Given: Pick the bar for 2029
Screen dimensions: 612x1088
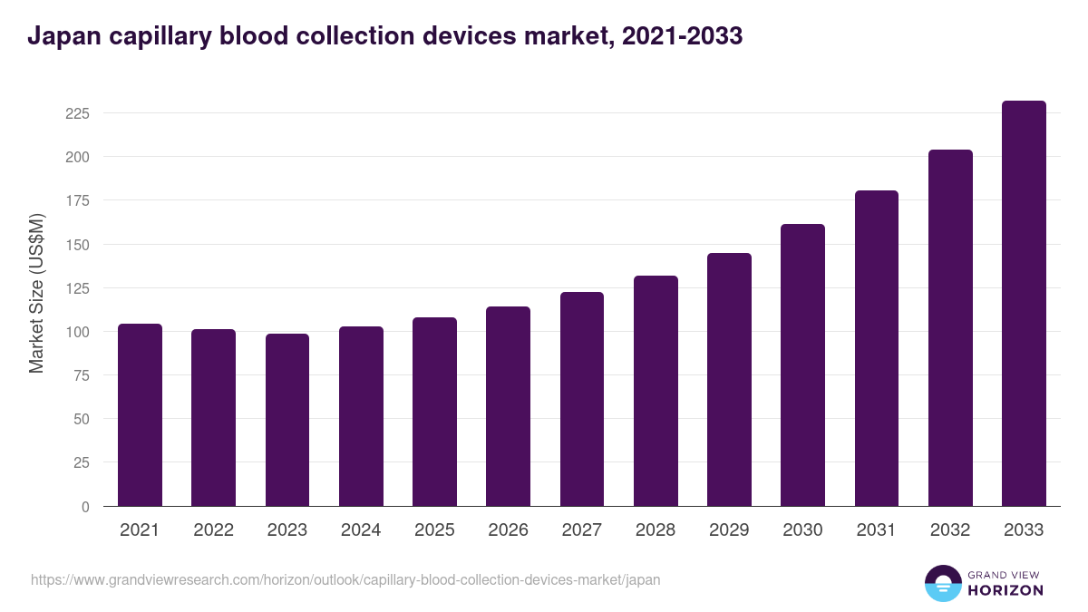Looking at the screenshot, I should click(729, 380).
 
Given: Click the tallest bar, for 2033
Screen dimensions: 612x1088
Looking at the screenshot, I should click(1024, 304).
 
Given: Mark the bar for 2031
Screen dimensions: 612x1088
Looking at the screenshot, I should click(876, 348).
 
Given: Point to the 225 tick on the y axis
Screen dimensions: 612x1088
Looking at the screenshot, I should click(77, 113).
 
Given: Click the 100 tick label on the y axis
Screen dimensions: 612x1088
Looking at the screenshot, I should click(77, 332).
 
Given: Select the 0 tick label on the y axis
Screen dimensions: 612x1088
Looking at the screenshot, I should click(85, 507).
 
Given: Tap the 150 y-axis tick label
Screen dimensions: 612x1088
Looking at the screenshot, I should click(77, 245).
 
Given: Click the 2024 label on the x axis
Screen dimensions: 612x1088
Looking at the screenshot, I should click(361, 530).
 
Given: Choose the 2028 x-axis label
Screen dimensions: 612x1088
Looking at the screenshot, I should click(656, 530).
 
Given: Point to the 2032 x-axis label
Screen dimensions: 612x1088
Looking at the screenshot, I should click(950, 530).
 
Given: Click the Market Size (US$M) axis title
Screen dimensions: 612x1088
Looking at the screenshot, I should click(36, 294).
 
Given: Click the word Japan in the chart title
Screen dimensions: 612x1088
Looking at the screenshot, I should click(61, 36).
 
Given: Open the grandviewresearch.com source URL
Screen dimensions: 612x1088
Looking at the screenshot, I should click(345, 579).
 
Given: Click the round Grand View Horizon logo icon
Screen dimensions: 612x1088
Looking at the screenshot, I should click(942, 583).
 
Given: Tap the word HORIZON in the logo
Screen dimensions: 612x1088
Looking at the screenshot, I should click(1005, 590).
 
